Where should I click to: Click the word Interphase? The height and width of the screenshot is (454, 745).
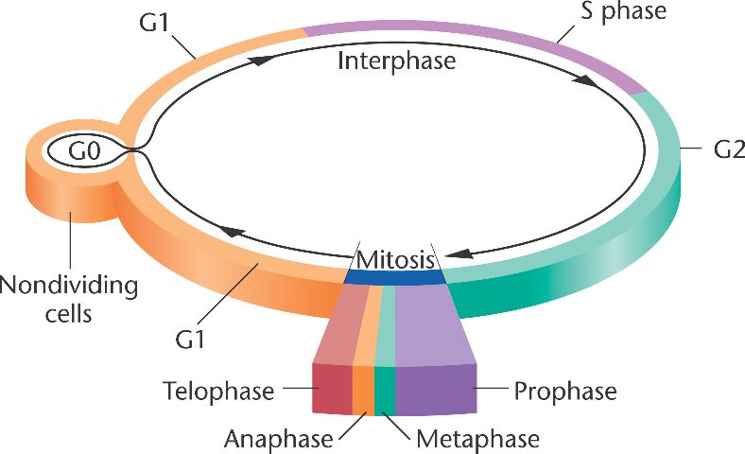[x=396, y=62]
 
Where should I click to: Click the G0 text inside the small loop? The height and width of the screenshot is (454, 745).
[x=78, y=150]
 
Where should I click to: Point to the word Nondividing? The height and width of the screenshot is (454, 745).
[x=69, y=285]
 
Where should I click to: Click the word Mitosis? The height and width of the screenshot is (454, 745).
[x=395, y=258]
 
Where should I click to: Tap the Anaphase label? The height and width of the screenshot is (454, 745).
[x=279, y=439]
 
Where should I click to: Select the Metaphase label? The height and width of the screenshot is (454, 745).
[x=477, y=439]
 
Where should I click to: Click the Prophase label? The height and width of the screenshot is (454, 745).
[x=565, y=390]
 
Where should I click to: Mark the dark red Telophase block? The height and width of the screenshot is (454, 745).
[x=332, y=389]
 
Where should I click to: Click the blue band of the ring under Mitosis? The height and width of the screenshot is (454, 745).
[x=395, y=276]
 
